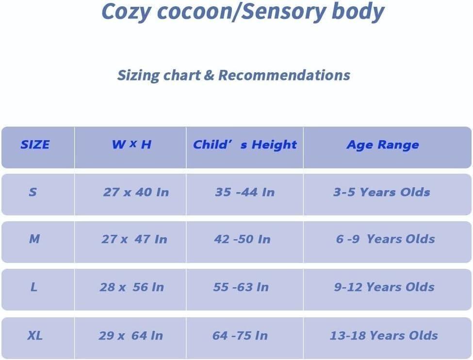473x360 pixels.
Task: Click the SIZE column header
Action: pos(35,145)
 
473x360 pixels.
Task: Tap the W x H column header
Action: pos(131,145)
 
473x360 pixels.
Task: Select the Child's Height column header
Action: pos(245,145)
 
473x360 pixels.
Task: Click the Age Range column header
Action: pos(382,145)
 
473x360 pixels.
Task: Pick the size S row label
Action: pos(33,192)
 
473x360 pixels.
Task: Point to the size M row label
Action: pos(34,239)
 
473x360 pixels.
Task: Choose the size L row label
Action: pos(33,287)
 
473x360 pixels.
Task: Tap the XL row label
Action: pos(34,335)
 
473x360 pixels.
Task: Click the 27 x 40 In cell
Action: pos(136,192)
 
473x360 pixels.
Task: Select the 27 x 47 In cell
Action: pos(134,239)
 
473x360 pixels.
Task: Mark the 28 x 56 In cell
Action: pos(132,287)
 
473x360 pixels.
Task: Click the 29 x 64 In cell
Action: pos(131,335)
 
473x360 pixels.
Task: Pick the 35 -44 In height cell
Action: pos(245,192)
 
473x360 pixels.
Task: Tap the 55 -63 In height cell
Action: pos(241,287)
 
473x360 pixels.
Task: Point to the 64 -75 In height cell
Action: pos(240,335)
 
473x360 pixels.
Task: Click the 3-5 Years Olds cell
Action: pos(382,192)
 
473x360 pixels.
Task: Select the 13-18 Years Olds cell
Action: pos(384,335)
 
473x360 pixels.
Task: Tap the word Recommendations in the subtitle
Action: pos(284,75)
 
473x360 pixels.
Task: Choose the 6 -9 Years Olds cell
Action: pos(385,239)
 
